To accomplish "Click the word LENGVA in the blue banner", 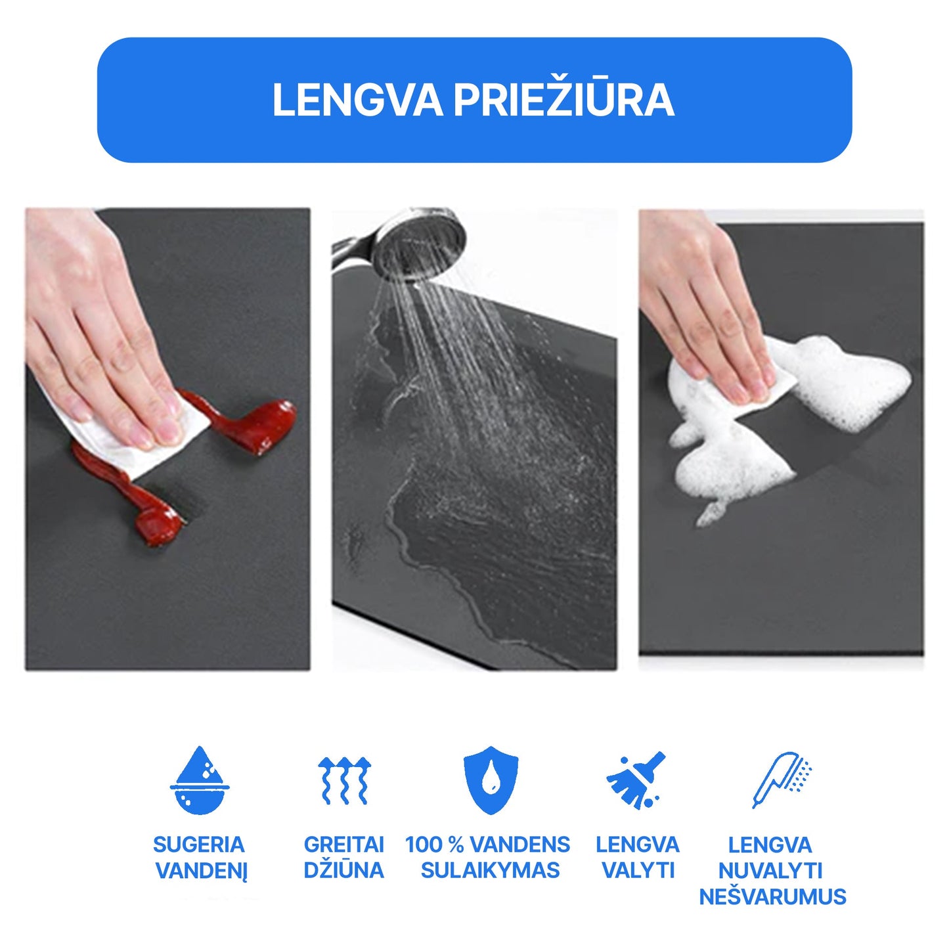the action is pyautogui.click(x=357, y=100).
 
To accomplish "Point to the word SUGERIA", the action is pyautogui.click(x=199, y=845).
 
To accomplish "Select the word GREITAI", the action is pyautogui.click(x=343, y=845).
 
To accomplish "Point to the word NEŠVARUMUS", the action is pyautogui.click(x=773, y=897).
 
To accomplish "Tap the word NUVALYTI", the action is pyautogui.click(x=770, y=871).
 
